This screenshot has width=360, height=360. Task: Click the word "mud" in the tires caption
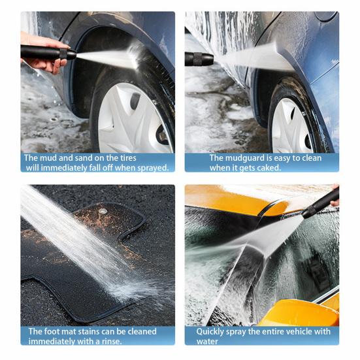(49, 158)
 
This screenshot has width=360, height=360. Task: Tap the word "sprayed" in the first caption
(153, 168)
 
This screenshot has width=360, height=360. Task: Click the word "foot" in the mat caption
(51, 331)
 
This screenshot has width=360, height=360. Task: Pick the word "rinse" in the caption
(110, 342)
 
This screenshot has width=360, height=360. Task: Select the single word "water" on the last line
(207, 342)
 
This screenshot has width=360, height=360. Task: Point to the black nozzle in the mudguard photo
(199, 59)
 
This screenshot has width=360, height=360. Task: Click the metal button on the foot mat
(103, 211)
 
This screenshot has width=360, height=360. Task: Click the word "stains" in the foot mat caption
(89, 331)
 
